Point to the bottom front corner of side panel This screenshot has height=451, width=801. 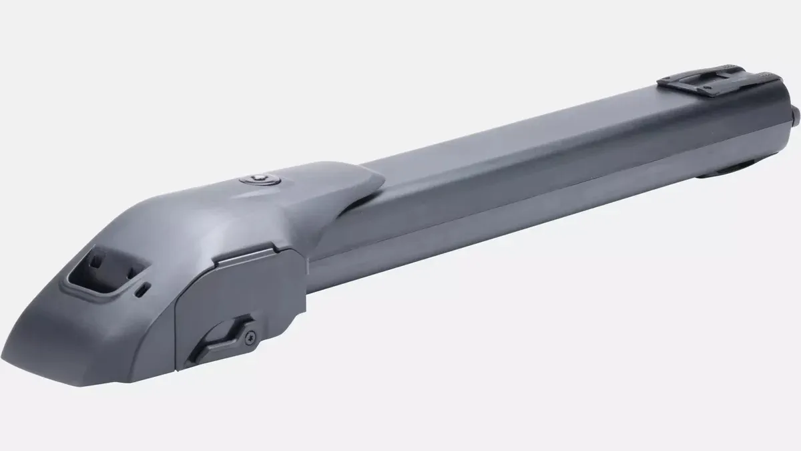179,366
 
